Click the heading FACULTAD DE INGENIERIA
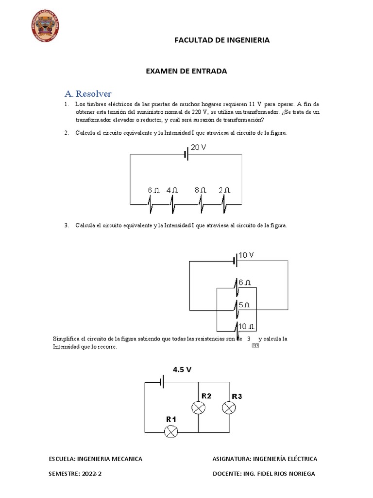(222, 40)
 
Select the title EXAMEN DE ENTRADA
(186, 71)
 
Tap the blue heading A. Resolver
(88, 93)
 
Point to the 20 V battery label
(198, 147)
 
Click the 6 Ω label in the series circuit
(153, 190)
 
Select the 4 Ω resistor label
(172, 190)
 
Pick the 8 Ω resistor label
(201, 190)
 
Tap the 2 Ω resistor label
(224, 190)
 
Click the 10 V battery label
(246, 255)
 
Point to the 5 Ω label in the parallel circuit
(244, 305)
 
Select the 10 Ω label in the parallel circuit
(247, 326)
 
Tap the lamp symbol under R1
(170, 431)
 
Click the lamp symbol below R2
(198, 408)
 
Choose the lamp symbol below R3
(229, 408)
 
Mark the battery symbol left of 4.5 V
(163, 382)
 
